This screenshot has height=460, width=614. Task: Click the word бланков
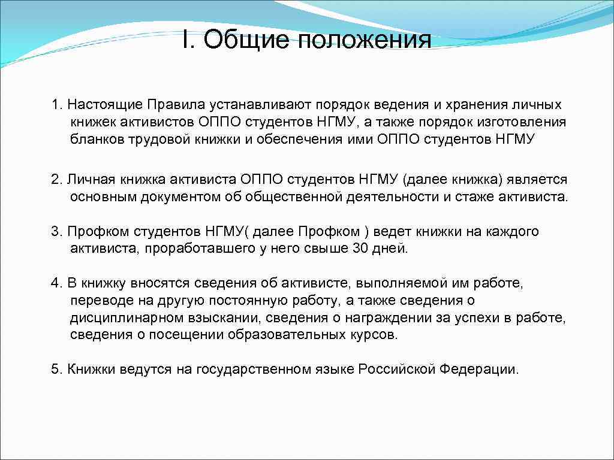(91, 140)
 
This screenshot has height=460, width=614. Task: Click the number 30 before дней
(361, 249)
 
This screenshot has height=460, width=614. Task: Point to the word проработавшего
(200, 249)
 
